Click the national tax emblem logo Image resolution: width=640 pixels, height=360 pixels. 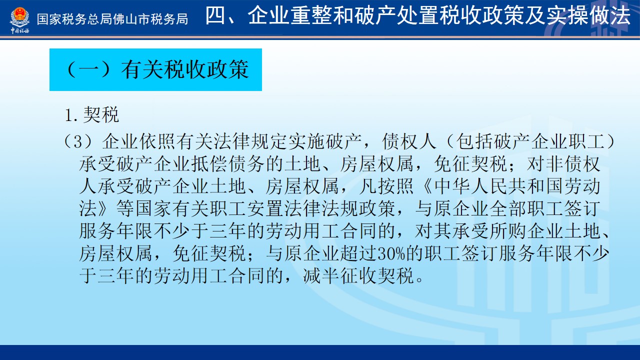coord(19,17)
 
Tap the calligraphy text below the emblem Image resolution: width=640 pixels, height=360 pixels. coord(19,30)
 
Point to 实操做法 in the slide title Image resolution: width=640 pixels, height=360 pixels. coord(588,15)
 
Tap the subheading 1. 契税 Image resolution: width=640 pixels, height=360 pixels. coord(92,115)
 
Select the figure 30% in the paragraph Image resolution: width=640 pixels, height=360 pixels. coord(391,253)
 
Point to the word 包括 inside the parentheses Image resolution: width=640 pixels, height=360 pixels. coord(475,141)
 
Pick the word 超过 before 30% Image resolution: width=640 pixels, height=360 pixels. coord(358,253)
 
